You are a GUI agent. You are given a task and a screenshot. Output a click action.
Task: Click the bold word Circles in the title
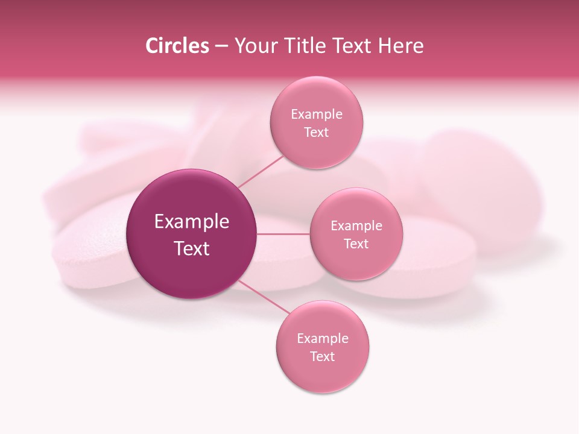(177, 46)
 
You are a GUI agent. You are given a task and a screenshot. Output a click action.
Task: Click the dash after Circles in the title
(221, 46)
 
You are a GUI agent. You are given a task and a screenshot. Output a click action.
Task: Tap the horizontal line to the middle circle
(283, 234)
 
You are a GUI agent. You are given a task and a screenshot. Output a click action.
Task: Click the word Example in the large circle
(192, 222)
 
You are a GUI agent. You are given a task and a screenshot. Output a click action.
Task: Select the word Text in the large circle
(192, 248)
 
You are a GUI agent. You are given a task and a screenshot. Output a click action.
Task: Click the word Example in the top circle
(317, 115)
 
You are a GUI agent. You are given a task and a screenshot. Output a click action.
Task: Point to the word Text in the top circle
(317, 133)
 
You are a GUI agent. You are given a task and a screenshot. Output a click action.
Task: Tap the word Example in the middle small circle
(356, 226)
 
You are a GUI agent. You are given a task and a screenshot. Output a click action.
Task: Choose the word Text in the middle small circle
(356, 244)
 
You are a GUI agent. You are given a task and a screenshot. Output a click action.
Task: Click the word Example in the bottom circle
(323, 339)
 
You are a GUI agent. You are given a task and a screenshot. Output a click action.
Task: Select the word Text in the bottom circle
(323, 356)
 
